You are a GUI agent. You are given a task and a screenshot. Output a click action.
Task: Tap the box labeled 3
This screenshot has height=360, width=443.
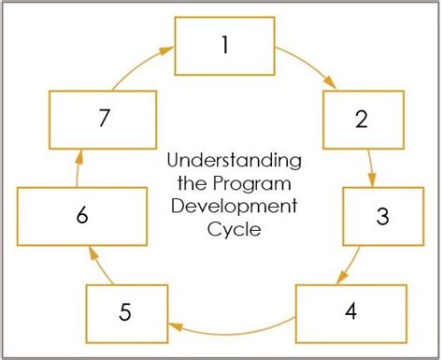pyautogui.click(x=381, y=216)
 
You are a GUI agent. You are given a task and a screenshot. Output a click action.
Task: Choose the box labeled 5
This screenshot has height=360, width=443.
pyautogui.click(x=126, y=310)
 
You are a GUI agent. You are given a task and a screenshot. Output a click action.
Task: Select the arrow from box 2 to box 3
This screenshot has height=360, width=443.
pyautogui.click(x=373, y=167)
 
